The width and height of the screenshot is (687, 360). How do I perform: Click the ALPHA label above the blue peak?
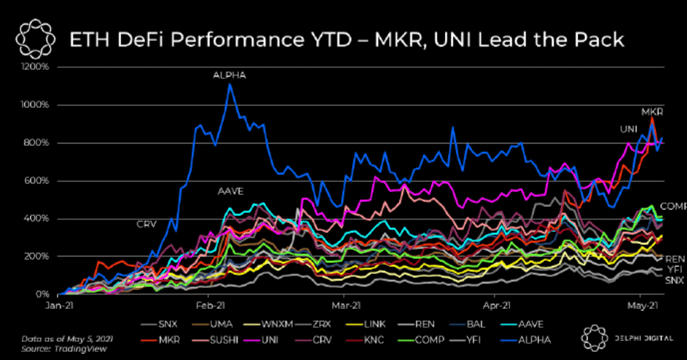pyautogui.click(x=229, y=74)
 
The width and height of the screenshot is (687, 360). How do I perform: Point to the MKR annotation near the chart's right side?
pyautogui.click(x=651, y=111)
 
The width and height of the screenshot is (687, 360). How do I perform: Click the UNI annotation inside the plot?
pyautogui.click(x=629, y=129)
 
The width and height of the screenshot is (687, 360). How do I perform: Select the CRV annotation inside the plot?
pyautogui.click(x=147, y=224)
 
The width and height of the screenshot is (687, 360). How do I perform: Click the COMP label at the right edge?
pyautogui.click(x=673, y=206)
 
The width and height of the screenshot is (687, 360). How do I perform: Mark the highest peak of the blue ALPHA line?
pyautogui.click(x=229, y=84)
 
